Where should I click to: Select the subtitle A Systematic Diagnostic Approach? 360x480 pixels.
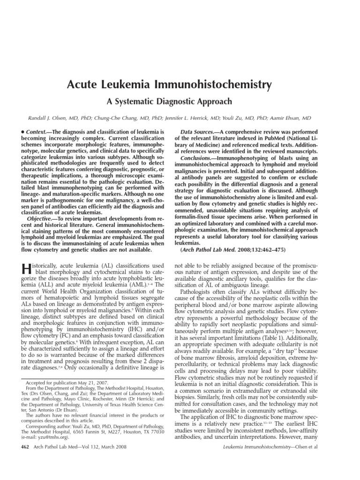point(180,101)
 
